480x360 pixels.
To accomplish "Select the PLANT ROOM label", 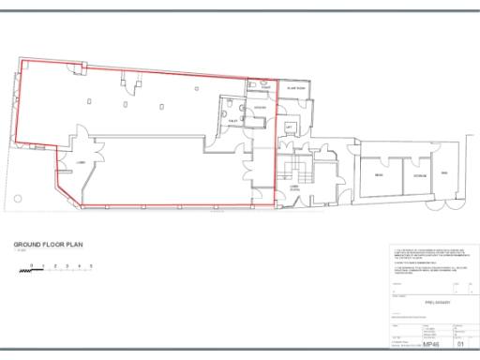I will click(x=298, y=88).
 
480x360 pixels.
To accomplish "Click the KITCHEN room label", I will click(x=261, y=108).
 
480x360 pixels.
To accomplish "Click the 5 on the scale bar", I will click(x=91, y=267).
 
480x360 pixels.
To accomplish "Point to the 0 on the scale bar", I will click(x=31, y=267).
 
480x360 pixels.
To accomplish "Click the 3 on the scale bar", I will click(x=67, y=267).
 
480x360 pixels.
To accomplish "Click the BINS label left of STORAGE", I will click(x=379, y=175).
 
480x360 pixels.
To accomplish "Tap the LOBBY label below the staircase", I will click(x=293, y=187).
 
